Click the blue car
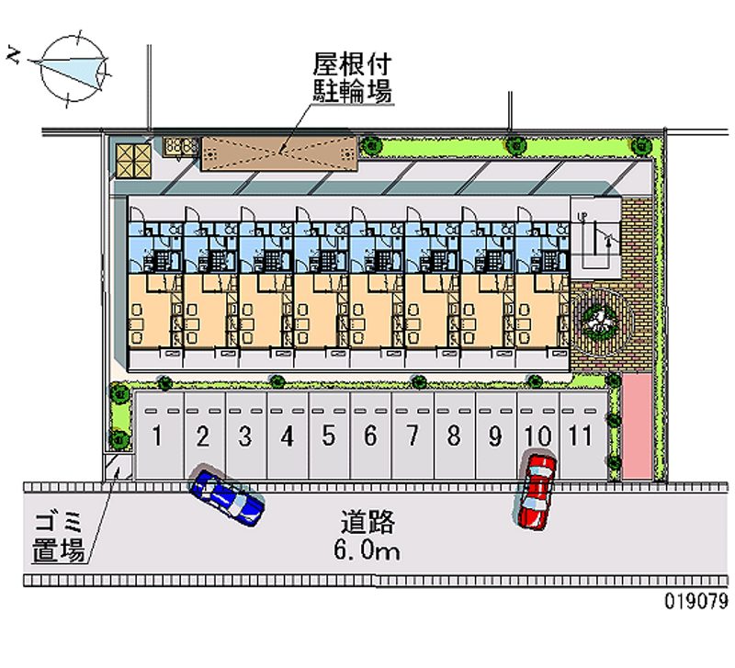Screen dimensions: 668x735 click(x=227, y=497)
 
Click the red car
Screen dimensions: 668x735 click(x=536, y=491)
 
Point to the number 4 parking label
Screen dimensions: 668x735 click(x=288, y=436)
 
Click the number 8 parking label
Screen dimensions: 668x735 click(x=453, y=436)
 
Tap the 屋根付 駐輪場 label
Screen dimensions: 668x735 click(x=352, y=77)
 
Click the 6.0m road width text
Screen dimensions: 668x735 click(x=367, y=551)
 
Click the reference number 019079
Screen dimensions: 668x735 click(x=695, y=603)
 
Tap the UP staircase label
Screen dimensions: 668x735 click(x=582, y=217)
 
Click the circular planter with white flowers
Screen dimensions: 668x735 click(x=598, y=319)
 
